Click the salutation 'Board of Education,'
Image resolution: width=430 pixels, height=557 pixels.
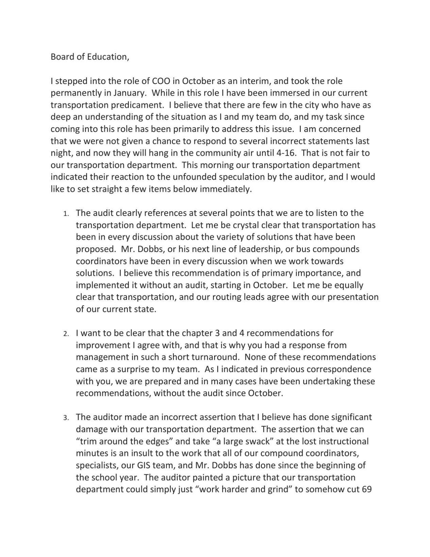(90, 57)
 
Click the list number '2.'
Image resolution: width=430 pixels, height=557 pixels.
(66, 334)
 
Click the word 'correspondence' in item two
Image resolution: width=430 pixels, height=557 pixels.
(337, 369)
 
